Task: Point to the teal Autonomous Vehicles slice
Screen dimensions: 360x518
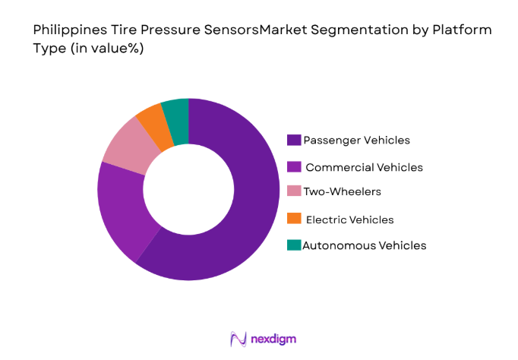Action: click(x=176, y=112)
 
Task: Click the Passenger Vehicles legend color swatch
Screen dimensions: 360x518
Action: click(x=293, y=140)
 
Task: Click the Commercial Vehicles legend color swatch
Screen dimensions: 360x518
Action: click(x=293, y=166)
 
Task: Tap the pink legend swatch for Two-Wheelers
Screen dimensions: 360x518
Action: click(x=293, y=193)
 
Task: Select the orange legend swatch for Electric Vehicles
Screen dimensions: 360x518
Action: click(x=293, y=219)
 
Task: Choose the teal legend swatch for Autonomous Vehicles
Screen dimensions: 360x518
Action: click(x=293, y=245)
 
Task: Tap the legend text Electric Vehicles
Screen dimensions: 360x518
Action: click(x=349, y=219)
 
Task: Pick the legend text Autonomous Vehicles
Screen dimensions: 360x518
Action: click(x=364, y=245)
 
